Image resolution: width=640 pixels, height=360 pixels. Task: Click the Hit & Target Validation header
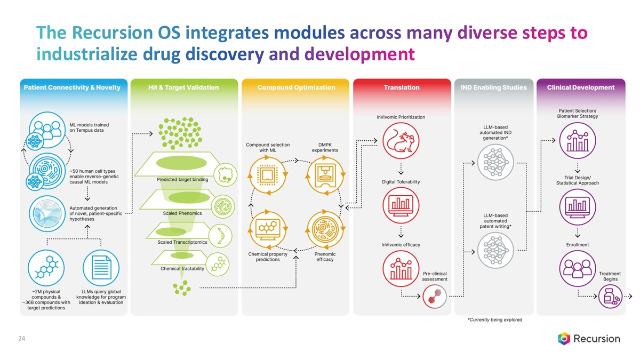point(182,87)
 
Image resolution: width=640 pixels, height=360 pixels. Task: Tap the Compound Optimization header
point(296,87)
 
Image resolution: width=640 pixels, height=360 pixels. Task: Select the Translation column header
point(401,87)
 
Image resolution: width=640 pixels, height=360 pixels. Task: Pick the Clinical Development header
point(580,87)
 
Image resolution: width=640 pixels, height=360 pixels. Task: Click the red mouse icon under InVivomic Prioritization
point(401,141)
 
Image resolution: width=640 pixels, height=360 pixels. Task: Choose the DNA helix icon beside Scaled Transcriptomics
point(220,234)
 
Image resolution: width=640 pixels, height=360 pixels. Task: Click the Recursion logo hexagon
point(564,338)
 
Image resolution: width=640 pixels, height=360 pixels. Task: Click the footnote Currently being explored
point(494,320)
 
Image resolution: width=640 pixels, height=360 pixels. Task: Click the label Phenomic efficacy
point(325,257)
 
